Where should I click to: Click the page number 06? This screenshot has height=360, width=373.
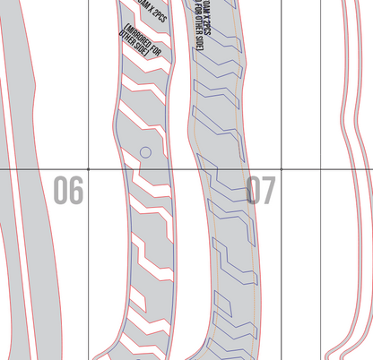coord(68,191)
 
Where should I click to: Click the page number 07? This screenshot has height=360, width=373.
coord(261,191)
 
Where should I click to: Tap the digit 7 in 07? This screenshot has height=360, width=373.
coord(269,191)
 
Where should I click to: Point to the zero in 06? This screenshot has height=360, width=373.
coord(60,191)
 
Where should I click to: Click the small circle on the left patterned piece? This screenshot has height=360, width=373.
coord(145,153)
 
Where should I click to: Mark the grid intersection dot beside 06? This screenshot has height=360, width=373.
coord(88,168)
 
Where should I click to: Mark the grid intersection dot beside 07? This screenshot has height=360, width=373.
coord(282,168)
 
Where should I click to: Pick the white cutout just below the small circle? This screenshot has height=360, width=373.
coord(148,184)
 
